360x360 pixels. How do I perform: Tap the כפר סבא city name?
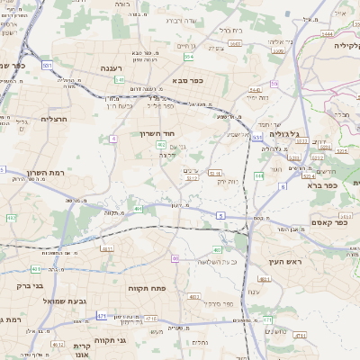[x=186, y=80]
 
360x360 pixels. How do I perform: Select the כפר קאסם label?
[x=329, y=221]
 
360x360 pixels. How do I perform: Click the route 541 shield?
[x=120, y=79]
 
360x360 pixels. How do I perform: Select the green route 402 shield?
[x=160, y=144]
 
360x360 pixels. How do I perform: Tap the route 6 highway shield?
[x=282, y=186]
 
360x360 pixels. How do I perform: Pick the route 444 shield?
[x=258, y=176]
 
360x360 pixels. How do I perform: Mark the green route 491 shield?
[x=139, y=209]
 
